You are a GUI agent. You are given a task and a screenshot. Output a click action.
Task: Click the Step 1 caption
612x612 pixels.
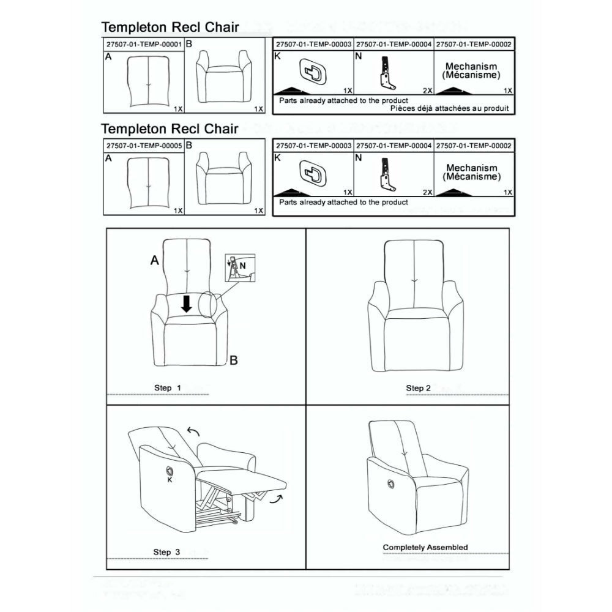click(x=167, y=388)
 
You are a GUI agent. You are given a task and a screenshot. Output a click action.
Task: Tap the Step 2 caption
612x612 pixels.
click(x=418, y=388)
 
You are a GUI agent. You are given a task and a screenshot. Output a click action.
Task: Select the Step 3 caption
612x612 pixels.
click(x=166, y=552)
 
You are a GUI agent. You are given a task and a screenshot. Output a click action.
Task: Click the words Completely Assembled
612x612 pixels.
click(x=425, y=547)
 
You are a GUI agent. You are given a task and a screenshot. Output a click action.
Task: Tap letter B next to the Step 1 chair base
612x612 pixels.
click(x=233, y=360)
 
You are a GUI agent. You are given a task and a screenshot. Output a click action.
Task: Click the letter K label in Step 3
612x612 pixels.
click(x=170, y=480)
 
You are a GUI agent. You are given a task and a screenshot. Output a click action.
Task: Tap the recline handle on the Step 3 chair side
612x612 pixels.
click(x=170, y=470)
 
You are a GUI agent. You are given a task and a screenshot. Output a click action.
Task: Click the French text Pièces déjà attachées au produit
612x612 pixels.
click(x=449, y=108)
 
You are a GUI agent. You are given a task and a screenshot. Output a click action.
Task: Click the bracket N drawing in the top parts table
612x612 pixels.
click(x=386, y=73)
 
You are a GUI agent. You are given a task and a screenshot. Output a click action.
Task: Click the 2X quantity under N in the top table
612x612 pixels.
click(x=427, y=91)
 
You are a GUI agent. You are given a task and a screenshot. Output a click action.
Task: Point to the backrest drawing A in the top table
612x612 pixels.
click(x=148, y=82)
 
